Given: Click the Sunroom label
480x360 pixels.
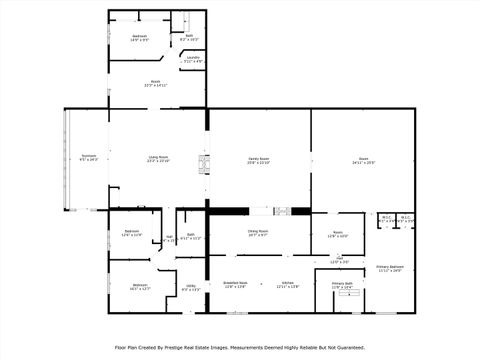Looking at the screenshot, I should pyautogui.click(x=88, y=157).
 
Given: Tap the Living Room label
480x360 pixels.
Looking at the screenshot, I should pyautogui.click(x=158, y=157).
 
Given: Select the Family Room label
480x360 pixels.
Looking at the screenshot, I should pyautogui.click(x=259, y=157).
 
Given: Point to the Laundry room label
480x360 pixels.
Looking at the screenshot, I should pyautogui.click(x=193, y=58).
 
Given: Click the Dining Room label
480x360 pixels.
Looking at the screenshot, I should pyautogui.click(x=258, y=232).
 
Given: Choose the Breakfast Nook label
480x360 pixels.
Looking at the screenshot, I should pyautogui.click(x=235, y=283).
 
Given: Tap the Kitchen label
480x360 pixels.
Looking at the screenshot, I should pyautogui.click(x=287, y=283).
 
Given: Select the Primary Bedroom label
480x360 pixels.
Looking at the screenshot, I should pyautogui.click(x=389, y=267).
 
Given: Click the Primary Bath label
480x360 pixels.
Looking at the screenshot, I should pyautogui.click(x=343, y=284).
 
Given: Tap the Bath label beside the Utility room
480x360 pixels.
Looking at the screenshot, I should pyautogui.click(x=190, y=235).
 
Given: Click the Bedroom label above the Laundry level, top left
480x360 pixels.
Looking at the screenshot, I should pyautogui.click(x=139, y=36).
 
